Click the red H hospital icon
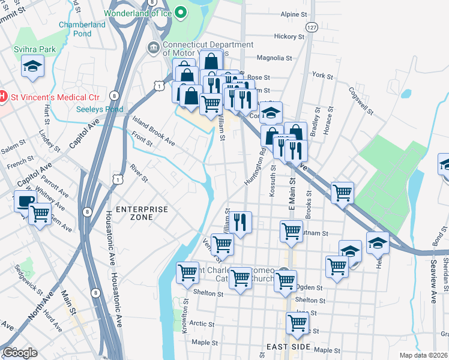tap(3, 96)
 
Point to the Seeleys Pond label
tap(100, 109)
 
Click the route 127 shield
tap(310, 28)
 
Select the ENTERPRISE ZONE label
tap(142, 213)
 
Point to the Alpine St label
tap(294, 14)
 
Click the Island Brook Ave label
tap(154, 131)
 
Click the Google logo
tap(20, 353)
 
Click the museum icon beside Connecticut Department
tap(152, 47)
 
